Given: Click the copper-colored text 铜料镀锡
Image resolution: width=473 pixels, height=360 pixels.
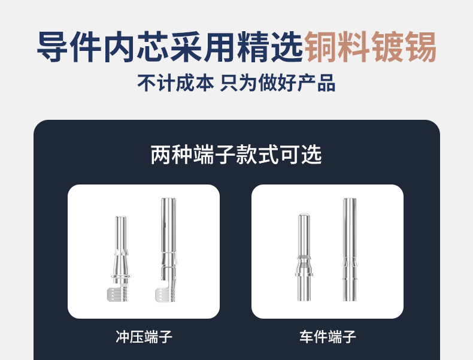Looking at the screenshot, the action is [x=371, y=47].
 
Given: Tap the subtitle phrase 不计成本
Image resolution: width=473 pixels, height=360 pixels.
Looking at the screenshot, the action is [x=175, y=83].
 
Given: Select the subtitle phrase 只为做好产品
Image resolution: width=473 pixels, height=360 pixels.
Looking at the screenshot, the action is [x=278, y=83].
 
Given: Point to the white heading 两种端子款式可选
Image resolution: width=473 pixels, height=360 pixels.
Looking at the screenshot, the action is [x=236, y=155].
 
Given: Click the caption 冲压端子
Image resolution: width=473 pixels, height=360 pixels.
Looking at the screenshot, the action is [x=144, y=337].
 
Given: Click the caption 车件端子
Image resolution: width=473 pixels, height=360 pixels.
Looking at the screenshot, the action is [x=328, y=337].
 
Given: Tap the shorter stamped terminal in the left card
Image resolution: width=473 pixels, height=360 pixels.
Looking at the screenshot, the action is [x=120, y=259].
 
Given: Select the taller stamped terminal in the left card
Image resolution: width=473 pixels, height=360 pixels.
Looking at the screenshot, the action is [x=167, y=250].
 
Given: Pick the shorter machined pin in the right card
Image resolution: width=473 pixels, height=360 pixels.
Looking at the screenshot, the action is [x=304, y=258].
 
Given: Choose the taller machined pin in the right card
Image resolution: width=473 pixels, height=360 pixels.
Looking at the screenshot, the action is [x=350, y=250].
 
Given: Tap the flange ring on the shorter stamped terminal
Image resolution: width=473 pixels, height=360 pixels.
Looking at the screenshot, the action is [x=121, y=276].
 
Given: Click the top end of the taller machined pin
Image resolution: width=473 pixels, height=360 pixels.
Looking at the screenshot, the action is [x=350, y=199].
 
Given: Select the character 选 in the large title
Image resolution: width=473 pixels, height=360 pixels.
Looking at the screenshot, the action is [x=287, y=47].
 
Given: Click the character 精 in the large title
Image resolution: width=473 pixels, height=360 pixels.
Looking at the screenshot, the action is [x=253, y=47].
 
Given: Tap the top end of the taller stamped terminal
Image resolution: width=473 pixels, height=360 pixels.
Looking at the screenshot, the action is [x=169, y=199].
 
